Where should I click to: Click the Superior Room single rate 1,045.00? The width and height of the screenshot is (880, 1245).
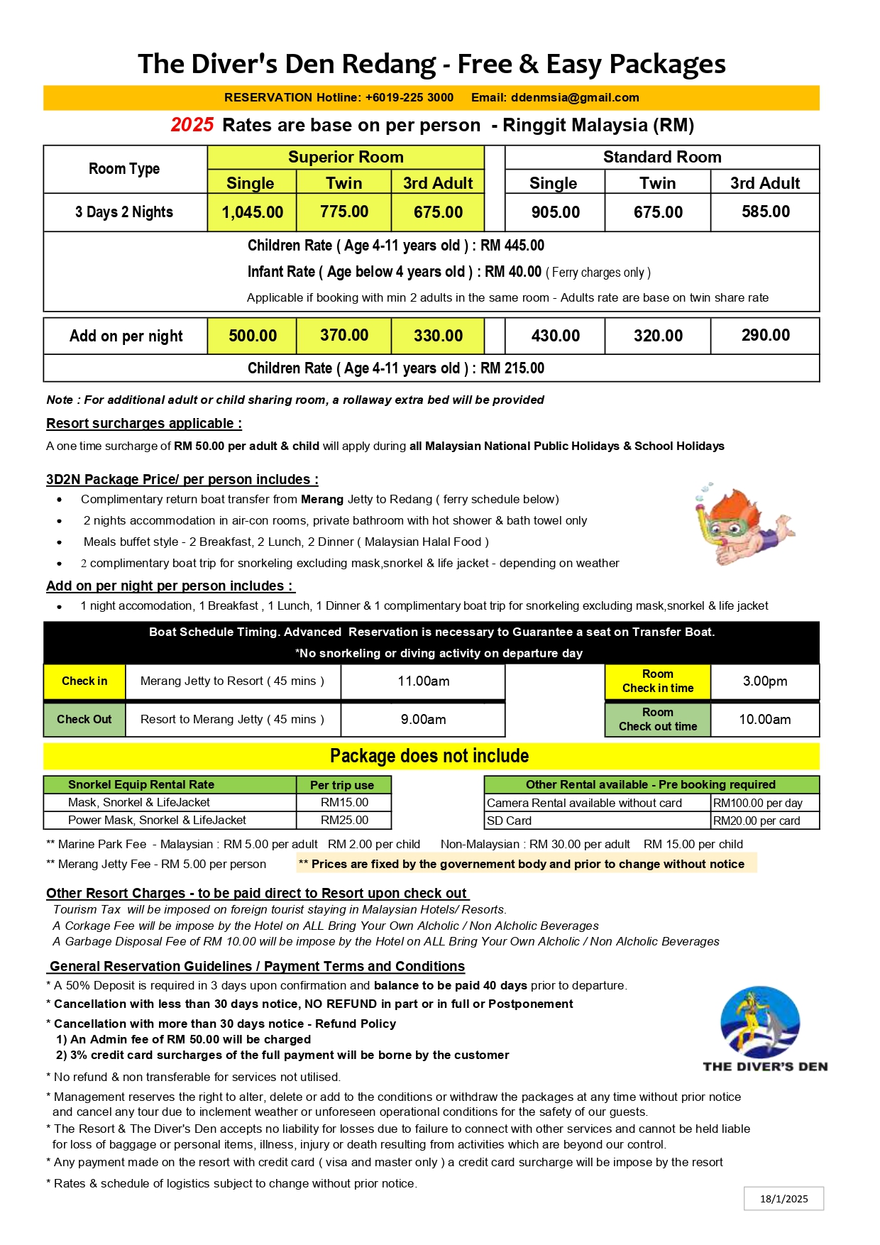click(x=252, y=212)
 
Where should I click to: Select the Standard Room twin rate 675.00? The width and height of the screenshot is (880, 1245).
click(x=658, y=212)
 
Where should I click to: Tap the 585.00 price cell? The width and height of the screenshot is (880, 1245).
click(x=765, y=212)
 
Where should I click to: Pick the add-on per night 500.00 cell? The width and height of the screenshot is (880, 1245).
click(x=253, y=336)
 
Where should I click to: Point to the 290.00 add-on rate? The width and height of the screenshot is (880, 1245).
click(x=765, y=335)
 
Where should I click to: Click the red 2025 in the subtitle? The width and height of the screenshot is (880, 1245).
click(x=192, y=125)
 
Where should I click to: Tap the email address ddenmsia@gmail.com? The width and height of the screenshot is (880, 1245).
click(x=575, y=98)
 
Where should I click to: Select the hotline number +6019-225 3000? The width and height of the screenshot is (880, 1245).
click(x=409, y=98)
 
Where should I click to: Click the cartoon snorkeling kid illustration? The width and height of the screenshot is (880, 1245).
click(x=742, y=525)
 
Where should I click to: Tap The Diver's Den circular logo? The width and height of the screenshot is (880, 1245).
click(x=760, y=1021)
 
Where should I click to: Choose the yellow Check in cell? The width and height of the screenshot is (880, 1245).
click(x=84, y=681)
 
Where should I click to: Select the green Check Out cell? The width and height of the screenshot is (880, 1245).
click(x=84, y=719)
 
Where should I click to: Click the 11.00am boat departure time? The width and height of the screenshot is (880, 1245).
click(x=423, y=681)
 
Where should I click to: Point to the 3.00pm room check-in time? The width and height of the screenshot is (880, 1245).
click(x=764, y=681)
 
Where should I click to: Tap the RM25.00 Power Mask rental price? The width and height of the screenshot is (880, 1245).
click(x=344, y=821)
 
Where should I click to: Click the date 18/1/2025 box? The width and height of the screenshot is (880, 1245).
click(x=783, y=1199)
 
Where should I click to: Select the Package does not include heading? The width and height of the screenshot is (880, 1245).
click(x=429, y=756)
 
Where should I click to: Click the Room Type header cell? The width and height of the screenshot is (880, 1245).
click(x=124, y=169)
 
